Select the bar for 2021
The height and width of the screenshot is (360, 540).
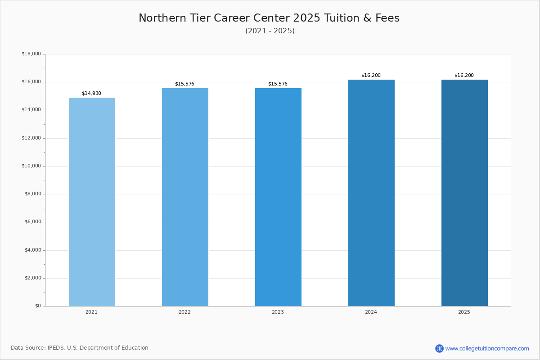click(x=92, y=202)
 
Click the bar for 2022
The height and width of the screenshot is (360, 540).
click(x=185, y=197)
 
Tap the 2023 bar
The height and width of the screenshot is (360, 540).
click(x=278, y=197)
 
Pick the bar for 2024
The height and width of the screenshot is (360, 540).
click(x=372, y=193)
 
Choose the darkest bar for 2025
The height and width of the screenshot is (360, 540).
click(x=464, y=193)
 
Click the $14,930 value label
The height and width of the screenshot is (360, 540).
click(x=92, y=93)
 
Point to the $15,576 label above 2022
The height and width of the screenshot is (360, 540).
click(x=184, y=84)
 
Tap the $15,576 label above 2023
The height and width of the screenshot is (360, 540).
click(x=278, y=84)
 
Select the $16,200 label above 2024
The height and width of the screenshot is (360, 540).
click(x=371, y=75)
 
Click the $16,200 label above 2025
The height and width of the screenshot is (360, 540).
click(x=464, y=75)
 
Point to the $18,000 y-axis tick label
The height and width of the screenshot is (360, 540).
click(x=31, y=54)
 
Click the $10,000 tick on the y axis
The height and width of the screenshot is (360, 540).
click(x=31, y=166)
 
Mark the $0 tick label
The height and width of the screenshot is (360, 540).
click(x=38, y=306)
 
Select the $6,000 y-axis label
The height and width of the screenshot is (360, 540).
click(x=33, y=222)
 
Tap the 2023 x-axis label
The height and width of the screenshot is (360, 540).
click(x=278, y=312)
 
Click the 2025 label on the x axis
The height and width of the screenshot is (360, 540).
click(x=464, y=312)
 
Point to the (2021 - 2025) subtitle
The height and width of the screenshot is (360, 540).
click(x=270, y=31)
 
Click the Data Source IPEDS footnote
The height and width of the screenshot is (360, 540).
click(x=80, y=348)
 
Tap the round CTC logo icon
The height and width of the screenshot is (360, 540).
click(x=439, y=348)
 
